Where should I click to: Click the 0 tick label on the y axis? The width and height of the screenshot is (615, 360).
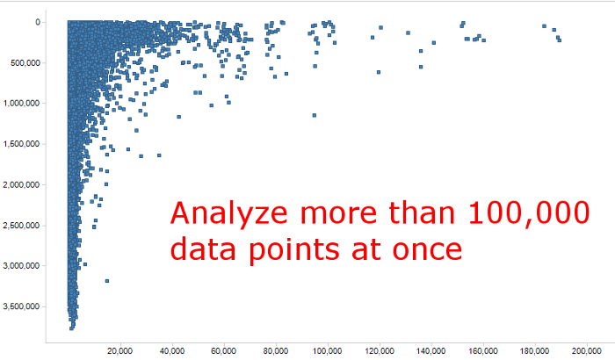pyautogui.click(x=38, y=22)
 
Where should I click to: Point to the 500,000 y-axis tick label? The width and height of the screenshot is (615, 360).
pyautogui.click(x=25, y=62)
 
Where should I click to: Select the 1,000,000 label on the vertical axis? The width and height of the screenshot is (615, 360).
pyautogui.click(x=22, y=103)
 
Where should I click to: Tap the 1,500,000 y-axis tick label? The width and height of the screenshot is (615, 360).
pyautogui.click(x=22, y=144)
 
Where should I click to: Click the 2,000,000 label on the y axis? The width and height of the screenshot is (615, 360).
pyautogui.click(x=22, y=184)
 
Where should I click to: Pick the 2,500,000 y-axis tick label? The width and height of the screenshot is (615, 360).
pyautogui.click(x=22, y=226)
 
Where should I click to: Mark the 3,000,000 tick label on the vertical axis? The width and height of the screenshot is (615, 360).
pyautogui.click(x=22, y=266)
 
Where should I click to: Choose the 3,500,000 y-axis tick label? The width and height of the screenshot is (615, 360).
pyautogui.click(x=22, y=306)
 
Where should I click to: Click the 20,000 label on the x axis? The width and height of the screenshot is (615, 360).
pyautogui.click(x=120, y=351)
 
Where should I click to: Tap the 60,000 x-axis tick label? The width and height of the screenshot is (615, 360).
pyautogui.click(x=223, y=351)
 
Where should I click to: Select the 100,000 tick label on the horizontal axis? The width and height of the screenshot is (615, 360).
pyautogui.click(x=328, y=351)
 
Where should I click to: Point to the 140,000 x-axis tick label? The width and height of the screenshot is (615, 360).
pyautogui.click(x=431, y=351)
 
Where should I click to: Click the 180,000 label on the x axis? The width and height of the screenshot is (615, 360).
pyautogui.click(x=534, y=351)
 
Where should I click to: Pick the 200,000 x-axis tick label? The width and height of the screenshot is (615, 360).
pyautogui.click(x=587, y=351)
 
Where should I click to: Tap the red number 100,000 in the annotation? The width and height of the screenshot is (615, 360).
pyautogui.click(x=530, y=213)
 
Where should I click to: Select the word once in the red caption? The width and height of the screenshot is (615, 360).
pyautogui.click(x=427, y=249)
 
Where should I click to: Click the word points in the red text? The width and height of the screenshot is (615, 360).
pyautogui.click(x=294, y=251)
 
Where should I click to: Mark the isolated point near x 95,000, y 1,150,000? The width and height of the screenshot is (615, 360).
pyautogui.click(x=315, y=115)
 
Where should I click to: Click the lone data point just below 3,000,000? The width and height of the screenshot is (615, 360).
pyautogui.click(x=107, y=281)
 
